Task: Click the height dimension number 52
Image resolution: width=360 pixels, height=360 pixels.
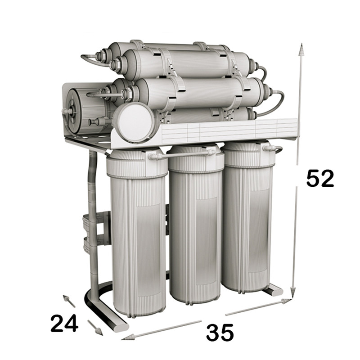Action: (320, 179)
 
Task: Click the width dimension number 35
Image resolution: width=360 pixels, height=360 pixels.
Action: (220, 332)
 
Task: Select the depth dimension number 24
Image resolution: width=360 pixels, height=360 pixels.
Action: (64, 323)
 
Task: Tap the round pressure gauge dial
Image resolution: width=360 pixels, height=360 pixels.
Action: (134, 121)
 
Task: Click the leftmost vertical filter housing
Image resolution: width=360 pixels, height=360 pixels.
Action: (137, 232)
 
